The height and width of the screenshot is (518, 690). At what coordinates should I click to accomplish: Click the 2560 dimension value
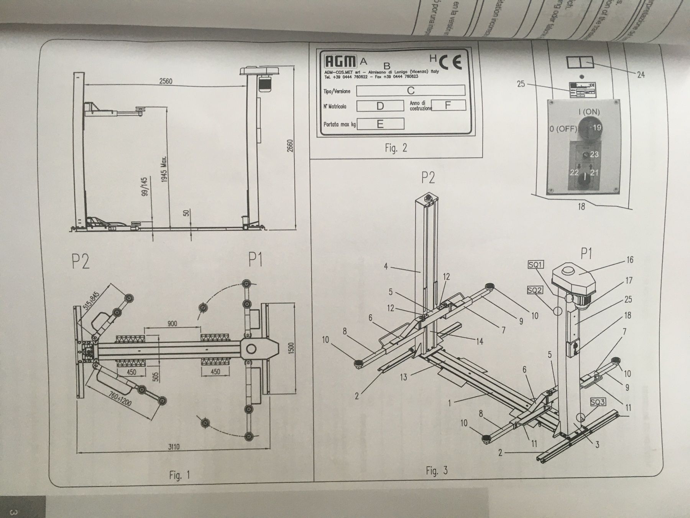point(166,81)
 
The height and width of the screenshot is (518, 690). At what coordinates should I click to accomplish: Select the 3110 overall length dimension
point(174,447)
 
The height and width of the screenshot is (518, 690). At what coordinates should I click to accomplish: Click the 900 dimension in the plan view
point(172,323)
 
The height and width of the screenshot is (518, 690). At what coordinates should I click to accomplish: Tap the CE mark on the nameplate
point(450,61)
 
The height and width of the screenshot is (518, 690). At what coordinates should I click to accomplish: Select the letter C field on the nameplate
point(411,91)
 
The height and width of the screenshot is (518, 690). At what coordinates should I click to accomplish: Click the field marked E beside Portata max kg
point(380,124)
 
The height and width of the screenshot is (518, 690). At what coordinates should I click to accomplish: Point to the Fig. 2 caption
point(396,148)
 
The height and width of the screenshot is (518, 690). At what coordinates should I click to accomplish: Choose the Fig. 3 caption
point(436,470)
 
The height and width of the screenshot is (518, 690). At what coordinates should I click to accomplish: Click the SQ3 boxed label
point(598,402)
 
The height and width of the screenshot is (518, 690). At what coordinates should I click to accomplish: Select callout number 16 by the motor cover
point(630,260)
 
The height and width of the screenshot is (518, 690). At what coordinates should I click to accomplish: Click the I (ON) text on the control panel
point(589,112)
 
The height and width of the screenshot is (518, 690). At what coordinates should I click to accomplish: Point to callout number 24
point(641,74)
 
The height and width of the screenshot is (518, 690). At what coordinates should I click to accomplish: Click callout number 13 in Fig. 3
point(403,377)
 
